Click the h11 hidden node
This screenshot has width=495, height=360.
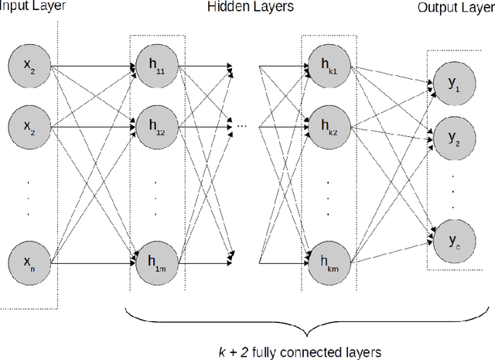(x=157, y=68)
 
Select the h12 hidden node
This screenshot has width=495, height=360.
(x=157, y=124)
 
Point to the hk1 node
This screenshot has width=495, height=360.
(x=329, y=68)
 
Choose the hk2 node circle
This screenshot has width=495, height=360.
(x=329, y=124)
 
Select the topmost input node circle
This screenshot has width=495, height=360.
(x=29, y=68)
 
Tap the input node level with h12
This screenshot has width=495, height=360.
(x=29, y=124)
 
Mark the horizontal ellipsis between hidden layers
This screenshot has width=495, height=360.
(x=242, y=124)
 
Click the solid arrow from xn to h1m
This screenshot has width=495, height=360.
(x=93, y=265)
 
